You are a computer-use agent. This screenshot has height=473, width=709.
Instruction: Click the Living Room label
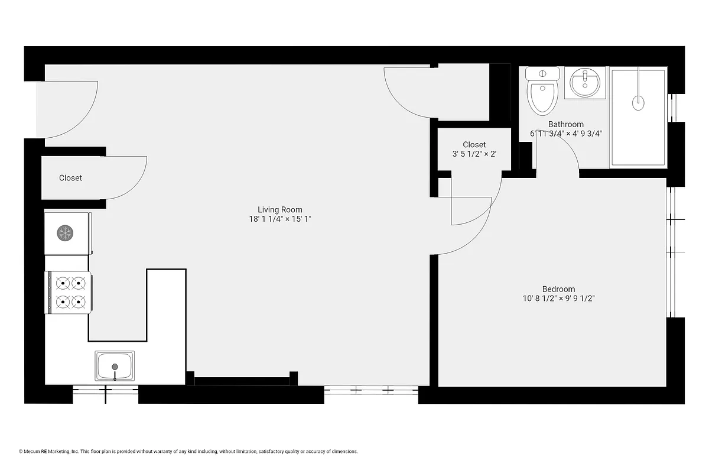coord(279,209)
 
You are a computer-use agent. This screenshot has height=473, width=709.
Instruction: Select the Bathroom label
coord(565,124)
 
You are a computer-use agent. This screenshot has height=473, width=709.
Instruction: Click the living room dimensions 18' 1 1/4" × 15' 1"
coord(279,219)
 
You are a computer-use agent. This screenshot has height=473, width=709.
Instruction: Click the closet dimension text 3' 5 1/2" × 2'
coord(474,154)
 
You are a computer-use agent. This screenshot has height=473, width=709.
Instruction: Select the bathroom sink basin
coord(584,82)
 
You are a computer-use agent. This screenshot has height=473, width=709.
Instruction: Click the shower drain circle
coord(638,103)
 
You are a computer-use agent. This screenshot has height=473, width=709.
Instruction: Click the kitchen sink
coord(115,366)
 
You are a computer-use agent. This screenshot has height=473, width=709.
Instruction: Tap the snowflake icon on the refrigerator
coord(64,233)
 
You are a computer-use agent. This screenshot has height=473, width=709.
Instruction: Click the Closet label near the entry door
coord(70,178)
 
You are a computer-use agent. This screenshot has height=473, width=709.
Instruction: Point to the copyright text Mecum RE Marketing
coord(189,451)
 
